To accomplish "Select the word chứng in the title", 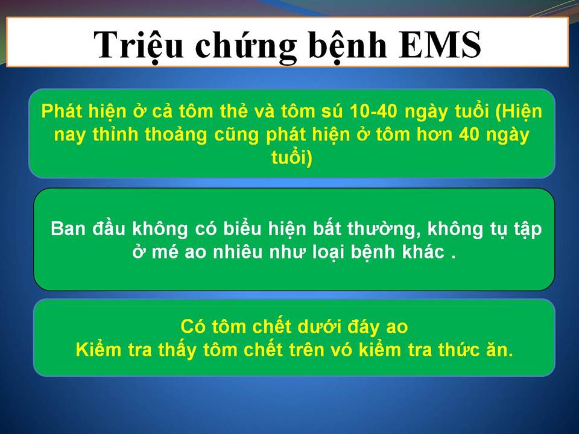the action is click(x=246, y=47).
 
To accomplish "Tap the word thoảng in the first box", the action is click(x=176, y=135).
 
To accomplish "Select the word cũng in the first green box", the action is click(x=237, y=135).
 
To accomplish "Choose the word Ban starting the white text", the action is click(x=66, y=228).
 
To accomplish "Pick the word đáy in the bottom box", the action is click(x=364, y=327).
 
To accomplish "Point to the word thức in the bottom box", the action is click(x=458, y=350).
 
